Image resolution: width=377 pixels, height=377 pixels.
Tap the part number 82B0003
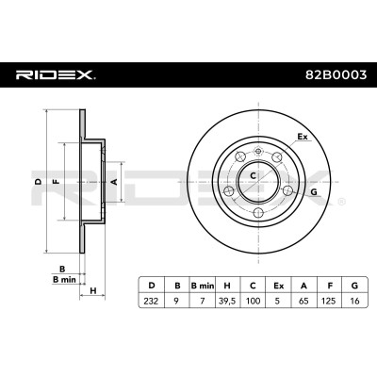[x=336, y=75]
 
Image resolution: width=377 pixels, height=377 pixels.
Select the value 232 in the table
[x=152, y=301]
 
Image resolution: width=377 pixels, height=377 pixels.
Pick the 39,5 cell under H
[x=227, y=302]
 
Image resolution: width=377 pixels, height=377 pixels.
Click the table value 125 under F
[x=329, y=301]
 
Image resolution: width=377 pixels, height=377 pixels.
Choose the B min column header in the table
[x=203, y=286]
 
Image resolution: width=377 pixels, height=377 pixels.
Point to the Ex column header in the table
[x=278, y=286]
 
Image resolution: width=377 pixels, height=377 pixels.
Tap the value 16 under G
[x=354, y=301]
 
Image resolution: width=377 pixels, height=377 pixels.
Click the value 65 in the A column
[x=303, y=301]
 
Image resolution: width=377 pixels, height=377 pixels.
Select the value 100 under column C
[x=253, y=301]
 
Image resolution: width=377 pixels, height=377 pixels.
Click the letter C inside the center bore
[x=253, y=175]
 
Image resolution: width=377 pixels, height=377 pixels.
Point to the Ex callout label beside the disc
[x=303, y=137]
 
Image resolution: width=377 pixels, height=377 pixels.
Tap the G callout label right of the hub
[x=313, y=192]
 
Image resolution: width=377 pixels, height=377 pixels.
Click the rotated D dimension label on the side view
[x=38, y=181]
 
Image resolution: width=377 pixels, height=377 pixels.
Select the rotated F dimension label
[x=57, y=181]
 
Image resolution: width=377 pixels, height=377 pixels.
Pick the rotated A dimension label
[x=114, y=181]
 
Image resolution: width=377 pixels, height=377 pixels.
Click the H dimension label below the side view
[x=93, y=291]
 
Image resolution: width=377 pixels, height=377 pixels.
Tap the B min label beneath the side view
[x=64, y=279]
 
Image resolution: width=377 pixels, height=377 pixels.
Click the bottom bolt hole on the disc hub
[x=258, y=212]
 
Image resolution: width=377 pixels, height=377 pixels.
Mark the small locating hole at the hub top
[x=258, y=152]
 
